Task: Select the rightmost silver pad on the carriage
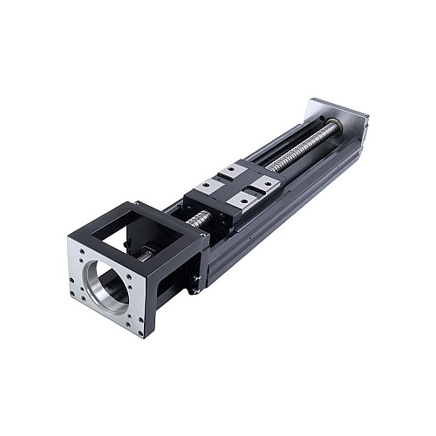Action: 266,182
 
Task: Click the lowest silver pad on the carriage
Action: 238,201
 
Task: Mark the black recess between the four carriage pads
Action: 235,184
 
